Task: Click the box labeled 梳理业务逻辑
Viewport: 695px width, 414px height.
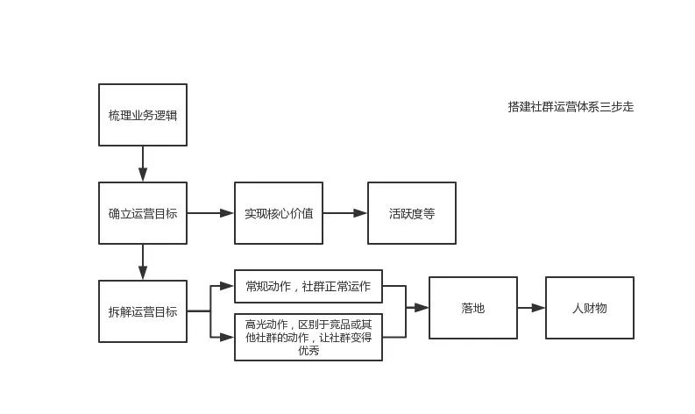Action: (x=143, y=115)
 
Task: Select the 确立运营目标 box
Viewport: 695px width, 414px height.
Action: (x=143, y=213)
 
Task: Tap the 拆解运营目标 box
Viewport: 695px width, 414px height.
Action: (x=143, y=311)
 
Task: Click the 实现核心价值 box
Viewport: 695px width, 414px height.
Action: (x=279, y=213)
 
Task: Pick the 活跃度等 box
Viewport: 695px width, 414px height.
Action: (x=412, y=213)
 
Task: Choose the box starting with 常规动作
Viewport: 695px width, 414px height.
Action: (x=308, y=286)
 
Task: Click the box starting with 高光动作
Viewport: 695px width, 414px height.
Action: (x=308, y=336)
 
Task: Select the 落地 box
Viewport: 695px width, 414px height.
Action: (x=473, y=308)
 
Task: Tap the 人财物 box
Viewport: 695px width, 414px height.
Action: (x=590, y=308)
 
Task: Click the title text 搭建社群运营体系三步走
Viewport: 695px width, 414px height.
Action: (x=571, y=107)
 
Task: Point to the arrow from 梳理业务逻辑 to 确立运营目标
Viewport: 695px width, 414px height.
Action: (x=143, y=164)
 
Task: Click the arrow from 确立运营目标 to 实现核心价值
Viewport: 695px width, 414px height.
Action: (x=210, y=213)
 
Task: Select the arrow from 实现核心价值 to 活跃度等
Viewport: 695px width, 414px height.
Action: (x=345, y=213)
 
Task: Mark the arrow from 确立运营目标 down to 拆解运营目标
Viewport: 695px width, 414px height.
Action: (x=143, y=262)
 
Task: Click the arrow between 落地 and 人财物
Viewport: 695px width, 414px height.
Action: (x=531, y=308)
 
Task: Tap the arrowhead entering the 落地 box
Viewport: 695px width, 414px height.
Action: (x=422, y=308)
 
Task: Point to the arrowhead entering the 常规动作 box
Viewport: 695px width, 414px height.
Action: (x=228, y=286)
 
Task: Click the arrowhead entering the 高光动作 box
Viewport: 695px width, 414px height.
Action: (x=228, y=336)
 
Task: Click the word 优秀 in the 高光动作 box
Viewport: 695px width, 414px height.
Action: (x=308, y=351)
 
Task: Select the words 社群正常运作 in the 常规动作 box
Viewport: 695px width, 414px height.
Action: (x=337, y=286)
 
